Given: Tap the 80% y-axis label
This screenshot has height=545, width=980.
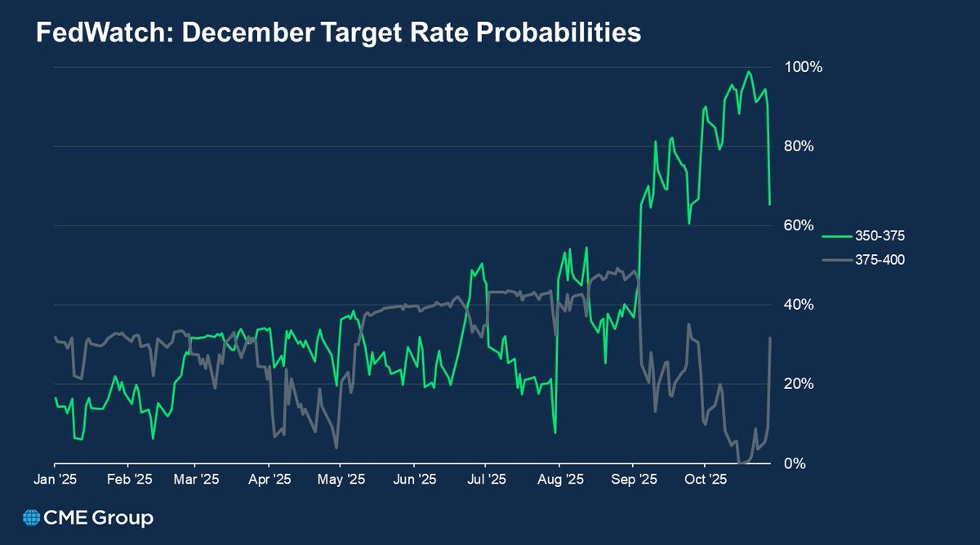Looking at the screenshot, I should tap(797, 146).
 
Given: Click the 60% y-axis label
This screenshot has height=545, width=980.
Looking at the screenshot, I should tap(797, 226).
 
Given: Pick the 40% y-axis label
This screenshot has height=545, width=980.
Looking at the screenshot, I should tap(797, 305).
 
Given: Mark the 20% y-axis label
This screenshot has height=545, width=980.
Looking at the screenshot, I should tap(797, 384).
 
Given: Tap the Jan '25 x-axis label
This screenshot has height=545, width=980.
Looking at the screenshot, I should tap(56, 480).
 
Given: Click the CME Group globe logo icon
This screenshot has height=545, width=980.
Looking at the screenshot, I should tap(32, 518).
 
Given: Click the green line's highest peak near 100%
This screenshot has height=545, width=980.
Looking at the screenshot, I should tap(748, 72).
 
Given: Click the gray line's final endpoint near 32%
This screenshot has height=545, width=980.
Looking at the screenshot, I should tap(770, 337).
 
